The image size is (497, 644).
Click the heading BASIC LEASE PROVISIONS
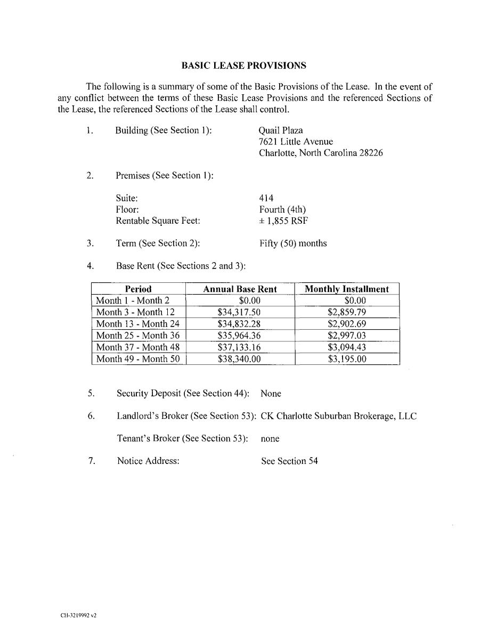(x=243, y=66)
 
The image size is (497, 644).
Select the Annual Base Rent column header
(x=240, y=289)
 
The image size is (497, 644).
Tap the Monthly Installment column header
(x=347, y=289)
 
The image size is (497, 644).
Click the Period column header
(x=138, y=289)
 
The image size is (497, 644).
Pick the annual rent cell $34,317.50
(x=239, y=312)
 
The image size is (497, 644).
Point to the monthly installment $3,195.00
(x=347, y=359)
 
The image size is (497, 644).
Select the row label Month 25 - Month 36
(x=137, y=336)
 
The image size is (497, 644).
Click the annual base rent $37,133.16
(x=239, y=347)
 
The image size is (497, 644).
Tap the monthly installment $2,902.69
(x=347, y=324)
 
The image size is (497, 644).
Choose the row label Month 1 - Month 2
(x=132, y=300)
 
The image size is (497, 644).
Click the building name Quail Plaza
(x=281, y=131)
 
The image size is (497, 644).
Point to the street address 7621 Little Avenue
(x=296, y=142)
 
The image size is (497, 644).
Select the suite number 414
(x=266, y=198)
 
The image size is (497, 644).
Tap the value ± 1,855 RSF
(x=283, y=221)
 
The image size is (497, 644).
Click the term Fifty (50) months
(x=293, y=243)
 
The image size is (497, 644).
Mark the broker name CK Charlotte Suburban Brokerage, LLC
(x=338, y=416)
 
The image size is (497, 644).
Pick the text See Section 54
(x=289, y=461)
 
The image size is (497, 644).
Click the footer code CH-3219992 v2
(x=78, y=615)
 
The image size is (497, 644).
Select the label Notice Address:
(x=148, y=461)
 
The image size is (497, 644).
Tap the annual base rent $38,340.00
(x=239, y=359)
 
